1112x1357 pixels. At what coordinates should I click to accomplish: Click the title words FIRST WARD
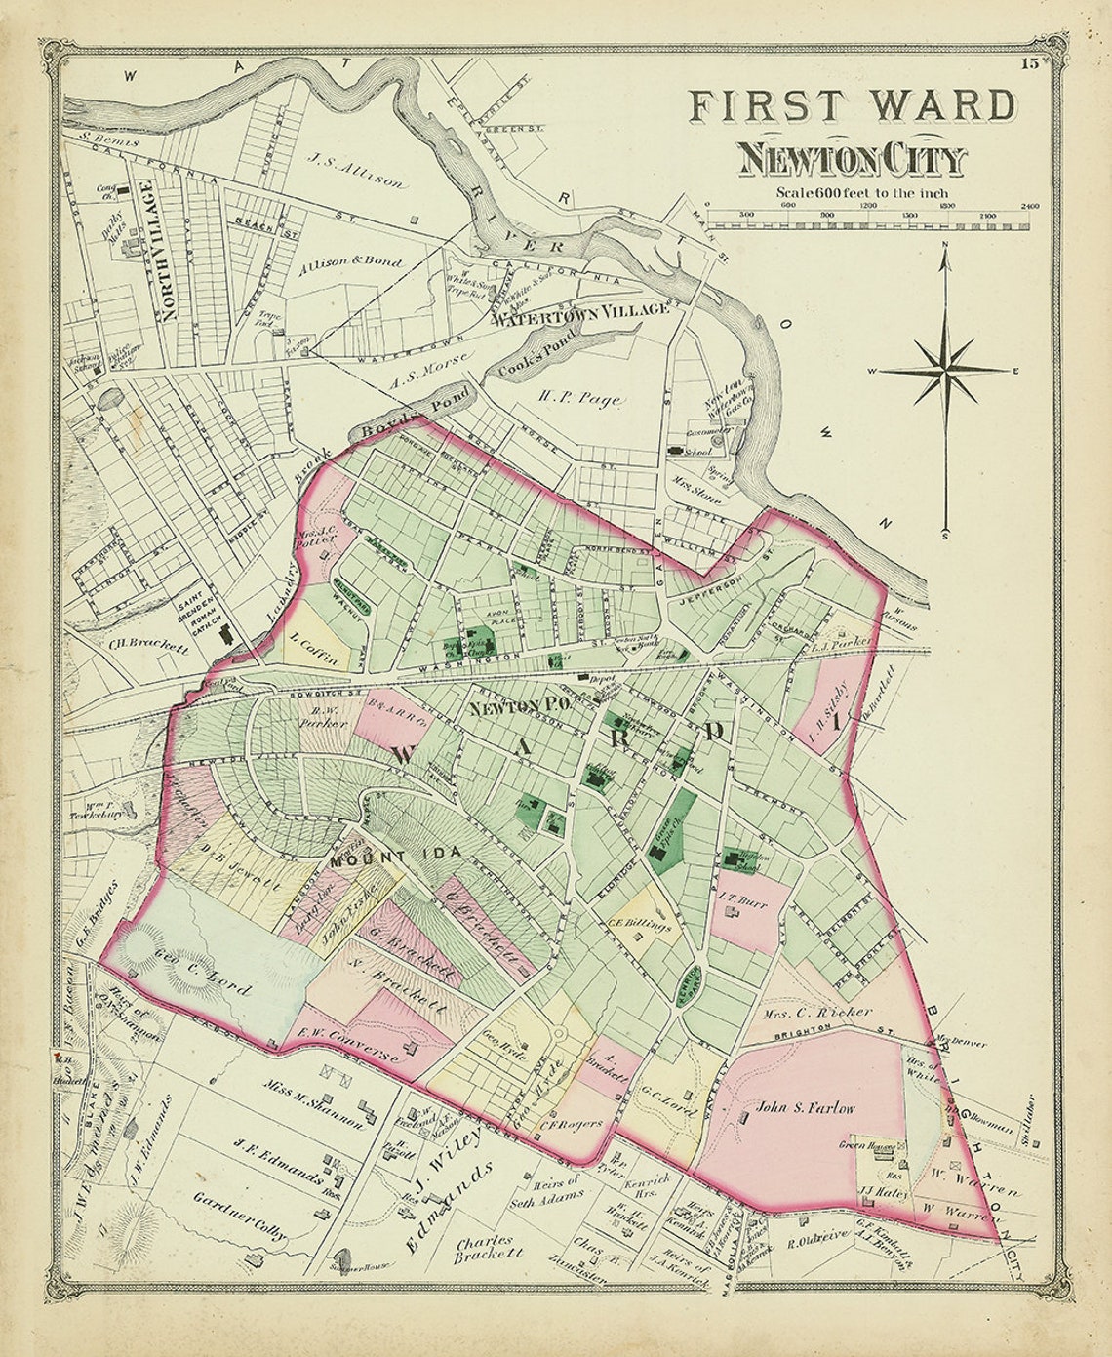[852, 106]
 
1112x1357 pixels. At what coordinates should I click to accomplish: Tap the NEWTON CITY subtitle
[851, 159]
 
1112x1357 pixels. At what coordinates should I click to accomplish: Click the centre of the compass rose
[945, 371]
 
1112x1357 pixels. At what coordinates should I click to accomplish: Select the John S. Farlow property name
[805, 1108]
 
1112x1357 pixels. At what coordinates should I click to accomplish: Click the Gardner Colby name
[240, 1216]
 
